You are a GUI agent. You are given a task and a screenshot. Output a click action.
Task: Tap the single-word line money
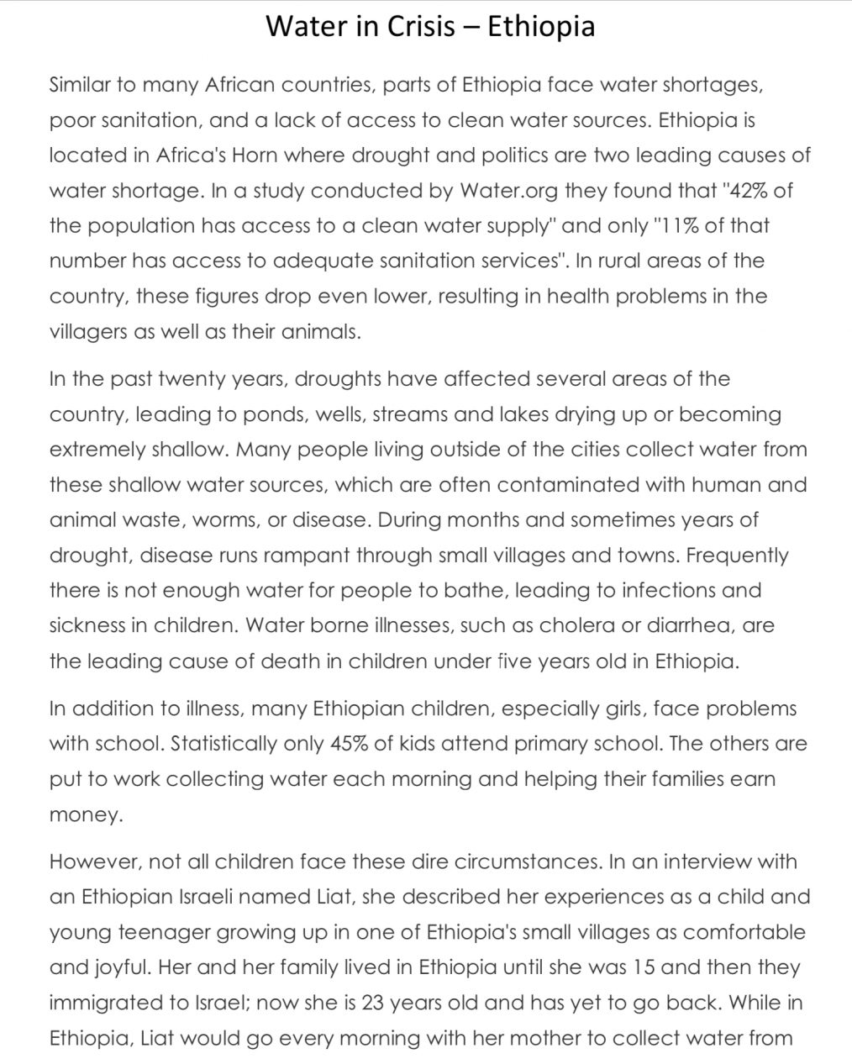point(86,814)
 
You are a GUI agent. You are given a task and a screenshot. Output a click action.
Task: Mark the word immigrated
point(103,1003)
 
